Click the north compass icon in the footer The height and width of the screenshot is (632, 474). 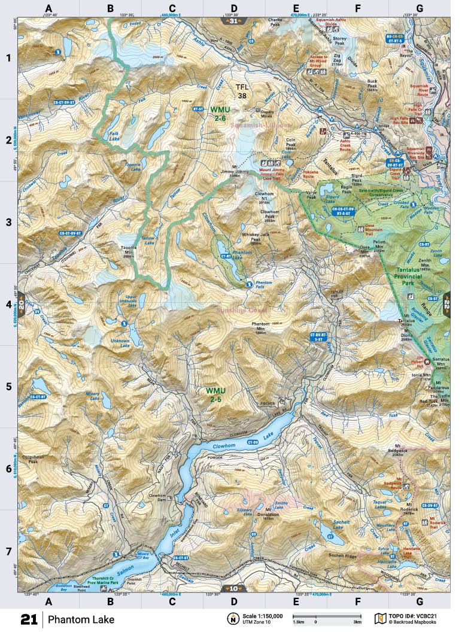(231, 618)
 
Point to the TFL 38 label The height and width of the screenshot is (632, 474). (241, 90)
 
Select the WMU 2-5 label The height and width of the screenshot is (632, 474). (216, 394)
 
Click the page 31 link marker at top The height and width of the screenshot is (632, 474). (232, 21)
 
